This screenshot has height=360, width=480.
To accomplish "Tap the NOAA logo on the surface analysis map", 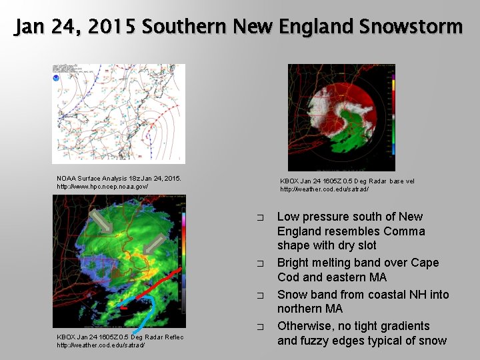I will (x=57, y=78).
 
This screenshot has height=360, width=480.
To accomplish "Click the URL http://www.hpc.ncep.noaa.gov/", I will (x=102, y=186).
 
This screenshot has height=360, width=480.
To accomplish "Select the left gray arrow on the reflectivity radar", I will (x=101, y=221).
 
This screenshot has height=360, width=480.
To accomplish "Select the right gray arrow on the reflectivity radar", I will (x=154, y=244).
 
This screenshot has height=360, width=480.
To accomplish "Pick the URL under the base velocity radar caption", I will (x=324, y=189).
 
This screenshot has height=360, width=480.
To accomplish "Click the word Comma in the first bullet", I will (x=403, y=231).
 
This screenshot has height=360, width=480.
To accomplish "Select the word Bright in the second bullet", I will (x=293, y=263).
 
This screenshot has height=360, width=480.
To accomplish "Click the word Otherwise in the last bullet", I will (x=307, y=326).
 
